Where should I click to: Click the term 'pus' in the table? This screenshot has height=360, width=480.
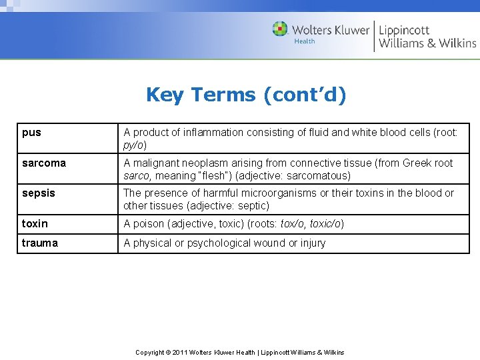click(31, 133)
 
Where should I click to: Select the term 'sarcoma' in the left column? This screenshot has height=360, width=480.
click(44, 163)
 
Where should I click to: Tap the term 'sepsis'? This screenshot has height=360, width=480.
click(39, 193)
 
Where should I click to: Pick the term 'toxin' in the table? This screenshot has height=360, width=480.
click(35, 223)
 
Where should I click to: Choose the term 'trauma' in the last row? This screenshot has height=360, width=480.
click(40, 243)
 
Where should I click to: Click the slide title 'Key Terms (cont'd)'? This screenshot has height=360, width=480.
click(246, 95)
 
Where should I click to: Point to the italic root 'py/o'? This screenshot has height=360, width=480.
click(135, 145)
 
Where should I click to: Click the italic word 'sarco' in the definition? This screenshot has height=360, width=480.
click(137, 176)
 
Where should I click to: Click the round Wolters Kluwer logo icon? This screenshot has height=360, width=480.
click(280, 29)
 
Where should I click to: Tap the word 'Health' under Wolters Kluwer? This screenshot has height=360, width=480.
click(305, 41)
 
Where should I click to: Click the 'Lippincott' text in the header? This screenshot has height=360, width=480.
click(404, 30)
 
